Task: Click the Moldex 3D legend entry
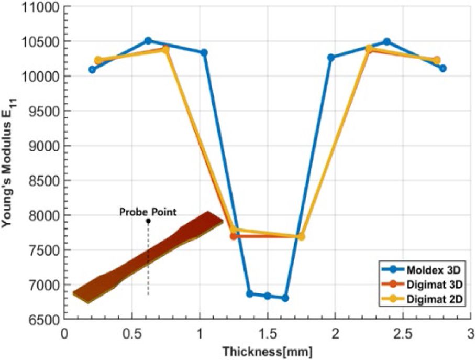(x=422, y=269)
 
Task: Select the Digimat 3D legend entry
(x=422, y=285)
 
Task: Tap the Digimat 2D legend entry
(x=422, y=299)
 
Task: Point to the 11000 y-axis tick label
(x=41, y=7)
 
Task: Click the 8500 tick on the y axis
(x=45, y=180)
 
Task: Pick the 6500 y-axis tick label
(x=45, y=320)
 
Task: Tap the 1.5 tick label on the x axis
(x=268, y=334)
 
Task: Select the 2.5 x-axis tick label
(x=403, y=334)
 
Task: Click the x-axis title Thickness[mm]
(x=268, y=352)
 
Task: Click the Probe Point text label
(x=148, y=212)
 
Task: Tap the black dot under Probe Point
(x=148, y=221)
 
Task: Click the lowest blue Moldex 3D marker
(x=285, y=298)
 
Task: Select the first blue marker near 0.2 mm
(x=92, y=70)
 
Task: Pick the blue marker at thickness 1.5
(x=268, y=296)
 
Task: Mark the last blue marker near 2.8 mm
(x=442, y=68)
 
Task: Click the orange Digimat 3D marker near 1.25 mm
(x=233, y=236)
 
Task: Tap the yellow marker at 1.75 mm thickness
(x=301, y=236)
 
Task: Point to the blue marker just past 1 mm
(x=204, y=53)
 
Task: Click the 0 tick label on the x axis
(x=64, y=334)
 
